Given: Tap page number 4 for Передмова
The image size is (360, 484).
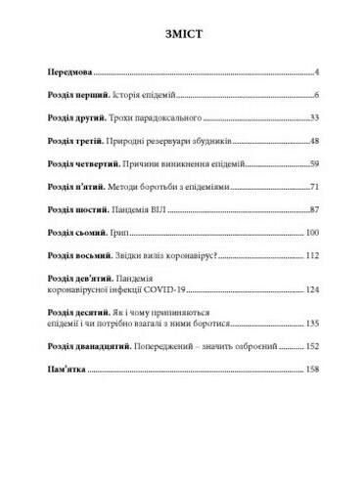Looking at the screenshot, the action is click(x=319, y=72).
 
